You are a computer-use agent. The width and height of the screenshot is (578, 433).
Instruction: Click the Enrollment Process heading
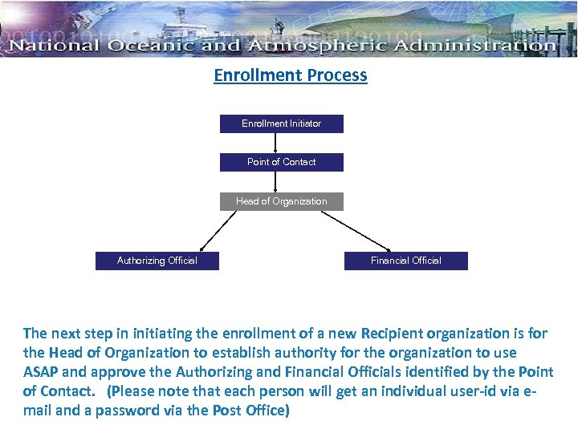coord(290,75)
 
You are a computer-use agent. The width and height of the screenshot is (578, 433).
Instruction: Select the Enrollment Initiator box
coord(282,123)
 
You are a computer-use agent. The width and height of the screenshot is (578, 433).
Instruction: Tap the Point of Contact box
coord(282,162)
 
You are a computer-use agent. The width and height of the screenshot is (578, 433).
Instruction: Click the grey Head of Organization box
coord(282,201)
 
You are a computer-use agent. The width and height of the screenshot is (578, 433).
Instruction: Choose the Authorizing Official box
coord(157,261)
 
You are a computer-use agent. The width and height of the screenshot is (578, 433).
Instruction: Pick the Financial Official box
coord(406,261)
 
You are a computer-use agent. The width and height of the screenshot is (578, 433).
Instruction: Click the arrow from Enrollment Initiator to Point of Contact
coord(275,143)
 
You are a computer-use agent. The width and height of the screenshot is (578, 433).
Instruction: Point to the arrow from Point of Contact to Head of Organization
coord(275,182)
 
